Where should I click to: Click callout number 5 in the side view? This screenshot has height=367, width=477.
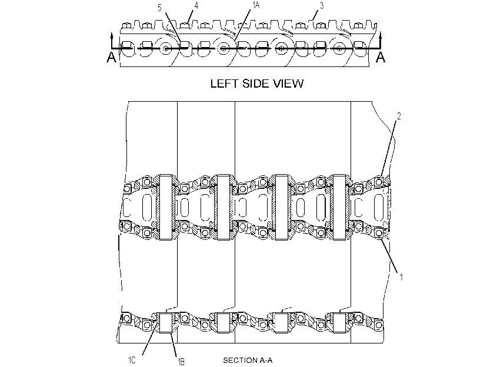point(159,8)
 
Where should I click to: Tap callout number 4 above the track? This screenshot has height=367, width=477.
point(196,5)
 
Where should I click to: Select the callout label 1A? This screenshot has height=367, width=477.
point(255,5)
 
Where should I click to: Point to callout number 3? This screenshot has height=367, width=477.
point(322,5)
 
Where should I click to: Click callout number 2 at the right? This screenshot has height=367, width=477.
point(399,116)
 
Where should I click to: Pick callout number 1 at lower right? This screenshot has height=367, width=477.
point(401,277)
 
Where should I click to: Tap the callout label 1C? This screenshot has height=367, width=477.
point(132,361)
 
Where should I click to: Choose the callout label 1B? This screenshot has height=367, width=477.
point(181,362)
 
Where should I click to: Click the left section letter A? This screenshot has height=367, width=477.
point(111,57)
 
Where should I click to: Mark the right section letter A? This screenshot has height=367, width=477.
point(381,57)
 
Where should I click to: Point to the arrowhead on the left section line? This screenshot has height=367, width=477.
point(112,36)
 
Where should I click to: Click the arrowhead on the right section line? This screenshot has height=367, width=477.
point(380,36)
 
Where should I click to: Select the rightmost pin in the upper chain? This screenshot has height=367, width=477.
point(339,207)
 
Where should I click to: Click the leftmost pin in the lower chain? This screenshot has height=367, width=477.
point(165,323)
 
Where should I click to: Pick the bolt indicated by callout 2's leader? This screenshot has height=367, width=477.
point(378,182)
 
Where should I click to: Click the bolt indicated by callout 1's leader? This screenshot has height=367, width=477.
point(378,233)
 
